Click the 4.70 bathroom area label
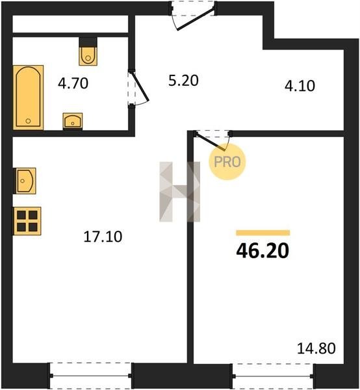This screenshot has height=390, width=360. (x=73, y=83)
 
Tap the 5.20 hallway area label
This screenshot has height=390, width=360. (x=183, y=81)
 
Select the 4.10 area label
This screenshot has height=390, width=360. (x=300, y=86)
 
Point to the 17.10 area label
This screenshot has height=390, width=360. (x=103, y=237)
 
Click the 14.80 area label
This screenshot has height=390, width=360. (x=316, y=348)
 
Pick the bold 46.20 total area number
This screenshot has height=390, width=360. (x=263, y=251)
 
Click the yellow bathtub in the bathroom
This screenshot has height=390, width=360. (x=28, y=97)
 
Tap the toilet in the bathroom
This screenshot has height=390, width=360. (x=88, y=51)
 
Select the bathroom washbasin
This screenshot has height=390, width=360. (x=73, y=121)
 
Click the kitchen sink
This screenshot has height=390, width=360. (x=25, y=181)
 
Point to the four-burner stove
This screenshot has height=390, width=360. (x=27, y=221)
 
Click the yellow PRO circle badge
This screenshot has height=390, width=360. (x=227, y=162)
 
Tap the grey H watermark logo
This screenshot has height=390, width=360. (x=180, y=192)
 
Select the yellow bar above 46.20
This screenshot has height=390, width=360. (x=263, y=233)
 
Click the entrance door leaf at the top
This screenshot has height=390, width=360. (x=196, y=19)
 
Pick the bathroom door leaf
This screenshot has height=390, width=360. (x=139, y=86)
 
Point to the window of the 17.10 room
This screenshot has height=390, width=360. (x=91, y=376)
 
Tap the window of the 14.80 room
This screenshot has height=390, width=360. (x=273, y=376)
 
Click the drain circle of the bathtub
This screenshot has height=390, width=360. (x=28, y=121)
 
